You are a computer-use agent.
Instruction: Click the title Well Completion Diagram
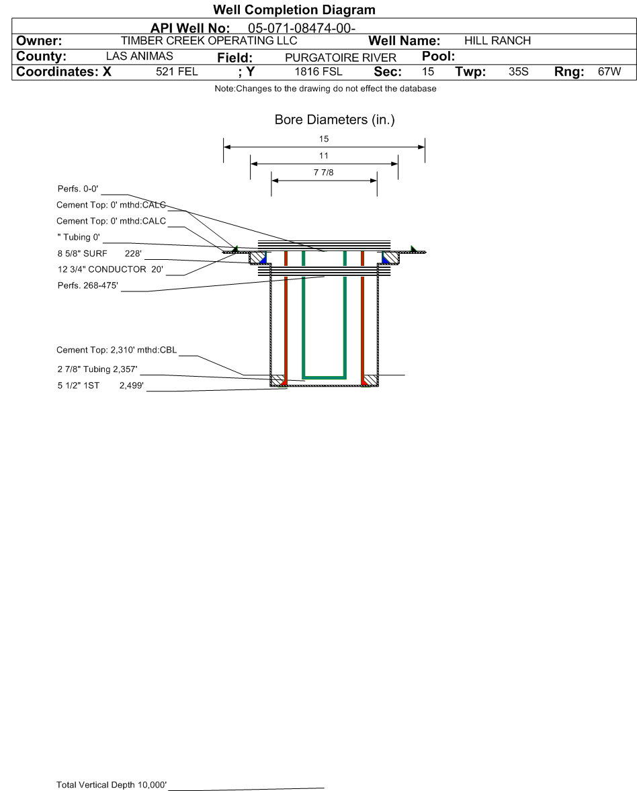pyautogui.click(x=294, y=9)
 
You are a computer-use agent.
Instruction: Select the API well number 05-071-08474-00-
pyautogui.click(x=302, y=28)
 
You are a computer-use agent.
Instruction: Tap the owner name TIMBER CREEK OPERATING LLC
pyautogui.click(x=209, y=41)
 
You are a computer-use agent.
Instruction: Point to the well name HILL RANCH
pyautogui.click(x=498, y=41)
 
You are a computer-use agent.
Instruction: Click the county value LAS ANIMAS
pyautogui.click(x=139, y=56)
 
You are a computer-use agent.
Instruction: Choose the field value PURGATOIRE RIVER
pyautogui.click(x=341, y=58)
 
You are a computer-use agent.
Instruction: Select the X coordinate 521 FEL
pyautogui.click(x=177, y=72)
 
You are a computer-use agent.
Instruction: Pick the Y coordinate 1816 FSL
pyautogui.click(x=318, y=72)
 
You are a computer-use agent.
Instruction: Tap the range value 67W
pyautogui.click(x=609, y=72)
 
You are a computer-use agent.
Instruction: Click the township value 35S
pyautogui.click(x=518, y=72)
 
